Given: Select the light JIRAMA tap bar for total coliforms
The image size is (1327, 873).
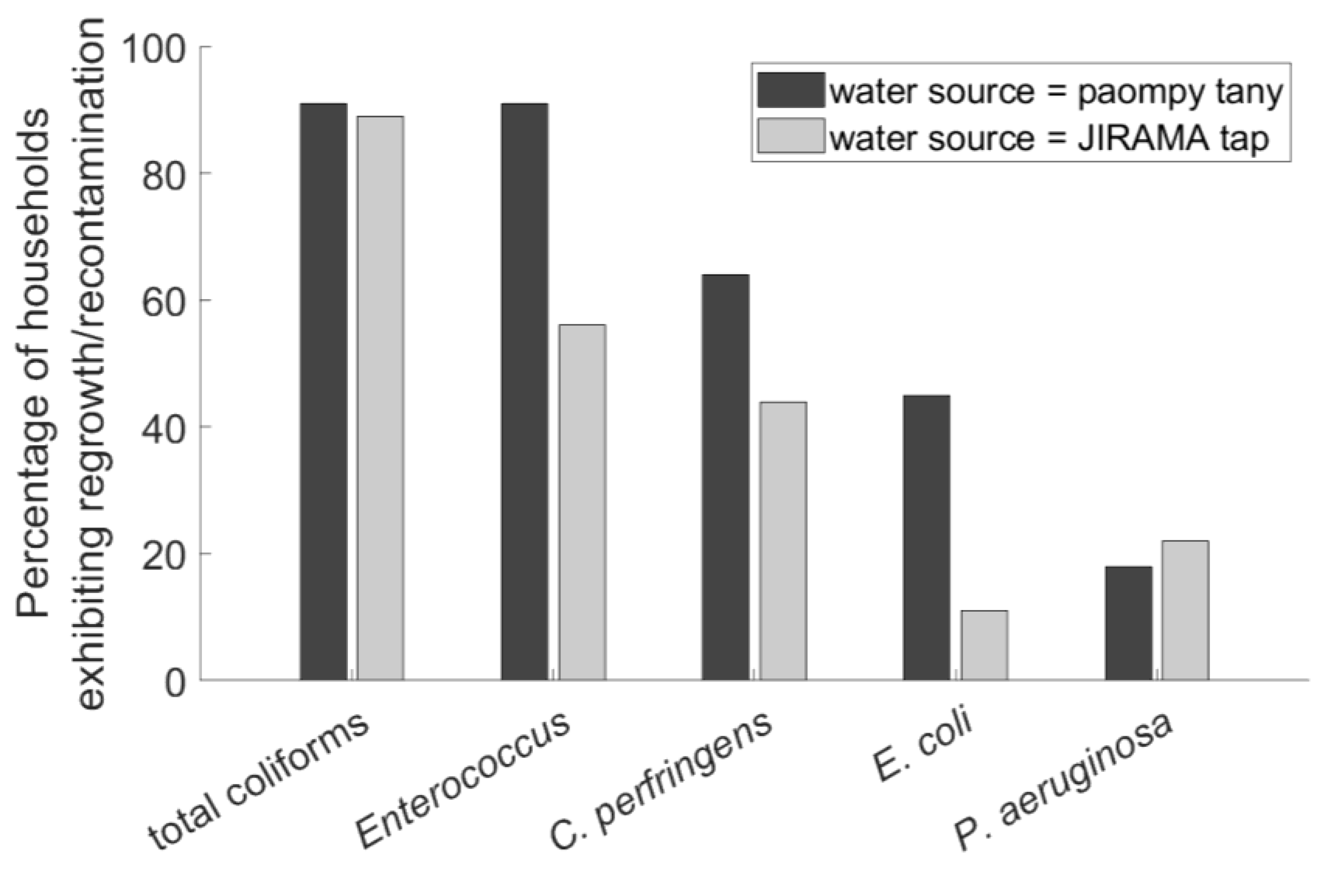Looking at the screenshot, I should [x=380, y=398].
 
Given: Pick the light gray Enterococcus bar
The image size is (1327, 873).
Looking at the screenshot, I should [x=582, y=502].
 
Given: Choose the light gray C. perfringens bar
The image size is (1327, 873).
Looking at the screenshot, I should [x=783, y=541].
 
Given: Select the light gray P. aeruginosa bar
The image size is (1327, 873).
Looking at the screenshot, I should [x=1185, y=610].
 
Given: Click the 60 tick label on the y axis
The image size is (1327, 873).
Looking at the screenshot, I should [x=161, y=301].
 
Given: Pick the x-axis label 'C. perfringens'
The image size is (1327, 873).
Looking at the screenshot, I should [x=661, y=786].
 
